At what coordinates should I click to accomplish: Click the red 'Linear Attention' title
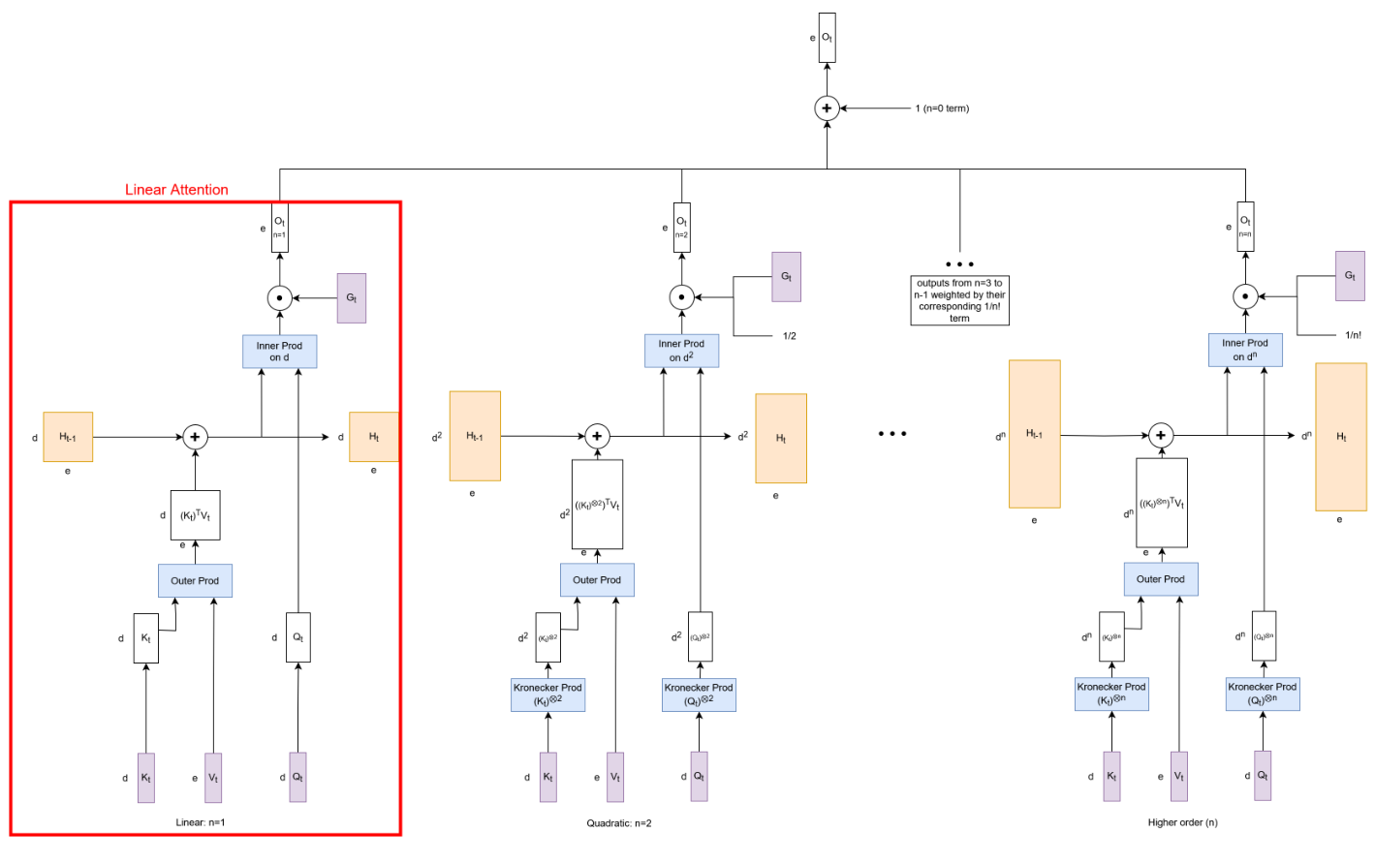coord(176,190)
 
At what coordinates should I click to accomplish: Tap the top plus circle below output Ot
coord(827,108)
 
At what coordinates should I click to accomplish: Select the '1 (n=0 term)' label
coord(942,108)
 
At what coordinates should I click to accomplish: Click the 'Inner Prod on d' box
coord(279,352)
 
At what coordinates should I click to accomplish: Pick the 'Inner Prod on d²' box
coord(681,351)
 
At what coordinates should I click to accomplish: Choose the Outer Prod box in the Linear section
coord(195,581)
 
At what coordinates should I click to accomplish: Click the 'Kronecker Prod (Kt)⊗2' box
coord(547,694)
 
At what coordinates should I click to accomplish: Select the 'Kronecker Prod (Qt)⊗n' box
coord(1262,694)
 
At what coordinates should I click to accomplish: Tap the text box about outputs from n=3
coord(959,300)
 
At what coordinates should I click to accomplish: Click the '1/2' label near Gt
coord(790,336)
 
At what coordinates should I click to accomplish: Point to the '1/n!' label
coord(1353,335)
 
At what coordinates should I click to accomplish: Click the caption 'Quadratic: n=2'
coord(618,823)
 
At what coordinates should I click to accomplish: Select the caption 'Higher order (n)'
coord(1182,822)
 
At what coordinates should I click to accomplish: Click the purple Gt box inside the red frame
coord(351,298)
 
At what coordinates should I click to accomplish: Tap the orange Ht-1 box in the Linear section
coord(68,437)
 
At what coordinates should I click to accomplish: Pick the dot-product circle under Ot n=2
coord(681,297)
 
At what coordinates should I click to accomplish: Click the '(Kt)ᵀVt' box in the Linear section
coord(195,515)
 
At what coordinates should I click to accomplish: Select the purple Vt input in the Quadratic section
coord(615,777)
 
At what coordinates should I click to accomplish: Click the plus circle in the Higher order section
coord(1161,435)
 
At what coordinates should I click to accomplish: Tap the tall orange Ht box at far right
coord(1341,437)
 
